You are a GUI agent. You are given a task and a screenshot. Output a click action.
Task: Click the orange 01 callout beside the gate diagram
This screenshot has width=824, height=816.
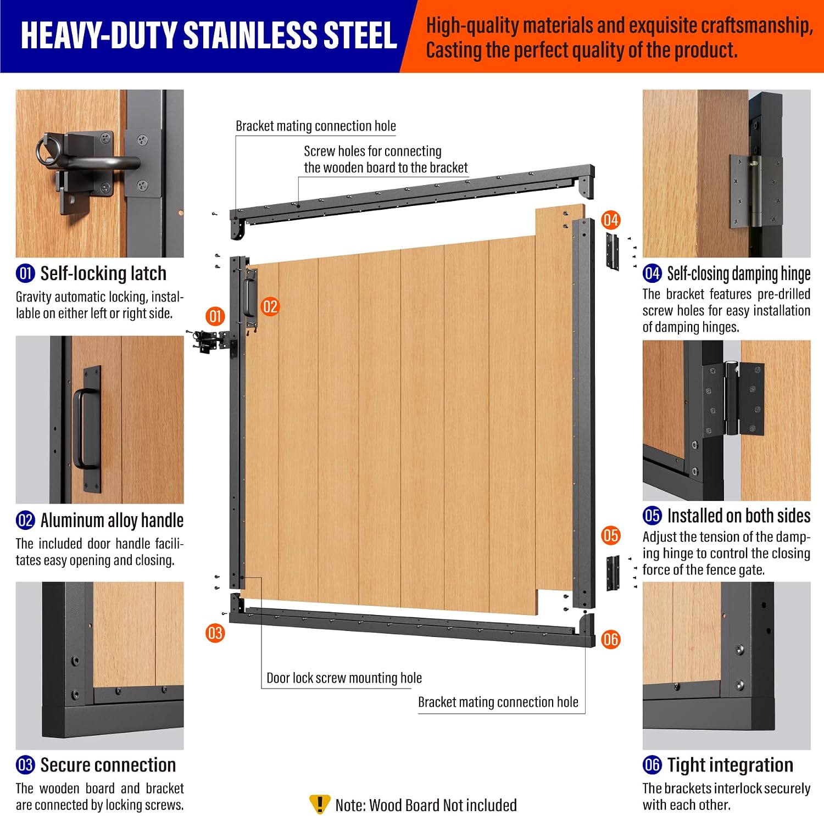(x=215, y=316)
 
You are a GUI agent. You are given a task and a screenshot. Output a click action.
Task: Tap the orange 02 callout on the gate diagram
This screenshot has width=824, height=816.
(x=270, y=306)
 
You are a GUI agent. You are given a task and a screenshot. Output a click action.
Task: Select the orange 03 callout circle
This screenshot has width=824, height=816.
(x=215, y=633)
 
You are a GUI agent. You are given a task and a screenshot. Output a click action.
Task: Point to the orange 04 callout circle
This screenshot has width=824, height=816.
(x=610, y=220)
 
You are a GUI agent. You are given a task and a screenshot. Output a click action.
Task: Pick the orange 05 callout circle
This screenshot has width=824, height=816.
(x=610, y=535)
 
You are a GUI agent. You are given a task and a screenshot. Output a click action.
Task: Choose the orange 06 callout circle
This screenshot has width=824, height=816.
(x=610, y=639)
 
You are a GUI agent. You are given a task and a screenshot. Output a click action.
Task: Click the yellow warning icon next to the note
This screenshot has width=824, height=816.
(x=320, y=804)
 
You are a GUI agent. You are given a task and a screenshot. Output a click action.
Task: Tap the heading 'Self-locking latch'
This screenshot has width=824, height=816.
(x=103, y=273)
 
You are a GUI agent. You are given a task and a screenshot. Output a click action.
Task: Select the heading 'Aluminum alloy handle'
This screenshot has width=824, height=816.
(x=112, y=520)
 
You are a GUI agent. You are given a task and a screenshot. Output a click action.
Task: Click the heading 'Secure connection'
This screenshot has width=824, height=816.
(x=108, y=765)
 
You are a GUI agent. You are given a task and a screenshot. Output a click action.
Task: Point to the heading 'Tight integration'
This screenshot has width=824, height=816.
(x=730, y=765)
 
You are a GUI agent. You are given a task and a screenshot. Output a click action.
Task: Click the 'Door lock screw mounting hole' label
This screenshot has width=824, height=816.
(x=344, y=678)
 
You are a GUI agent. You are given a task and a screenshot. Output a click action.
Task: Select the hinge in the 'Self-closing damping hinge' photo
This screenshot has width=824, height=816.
(x=755, y=190)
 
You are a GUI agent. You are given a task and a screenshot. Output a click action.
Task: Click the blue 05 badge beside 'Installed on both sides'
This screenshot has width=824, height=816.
(x=652, y=516)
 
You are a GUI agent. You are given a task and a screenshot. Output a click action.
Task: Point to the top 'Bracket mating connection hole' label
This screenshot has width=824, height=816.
(x=316, y=126)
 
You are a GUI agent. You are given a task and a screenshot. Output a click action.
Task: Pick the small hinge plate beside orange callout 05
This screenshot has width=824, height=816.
(x=613, y=573)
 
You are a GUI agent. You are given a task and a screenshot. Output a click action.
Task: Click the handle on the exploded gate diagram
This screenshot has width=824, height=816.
(x=250, y=297)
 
